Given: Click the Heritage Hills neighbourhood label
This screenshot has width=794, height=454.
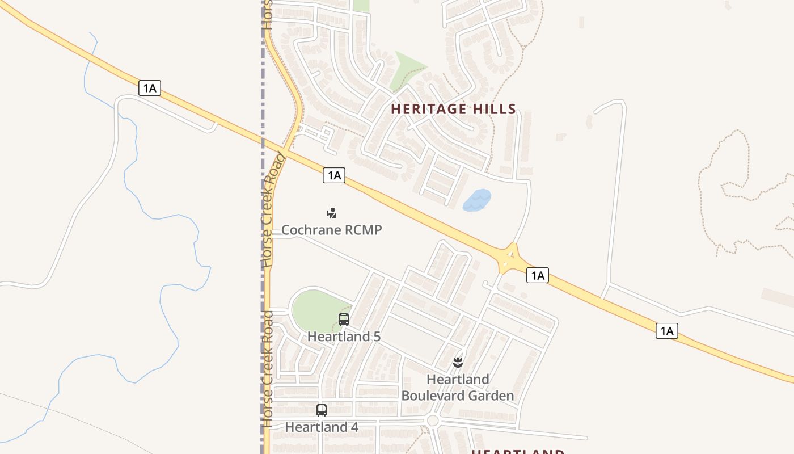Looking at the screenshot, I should point(453,109).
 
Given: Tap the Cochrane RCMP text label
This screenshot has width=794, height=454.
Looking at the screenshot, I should point(332,230).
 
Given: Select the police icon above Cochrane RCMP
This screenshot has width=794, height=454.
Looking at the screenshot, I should point(332,213).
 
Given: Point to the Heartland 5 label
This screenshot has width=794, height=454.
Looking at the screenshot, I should point(344,337).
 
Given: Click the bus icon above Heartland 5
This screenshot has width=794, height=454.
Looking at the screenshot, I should point(344,320).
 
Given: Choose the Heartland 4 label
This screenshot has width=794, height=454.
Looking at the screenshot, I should point(322,427).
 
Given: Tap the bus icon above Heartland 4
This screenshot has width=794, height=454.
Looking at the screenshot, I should point(322,410).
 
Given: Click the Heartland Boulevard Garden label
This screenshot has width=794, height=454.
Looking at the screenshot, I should point(458,388).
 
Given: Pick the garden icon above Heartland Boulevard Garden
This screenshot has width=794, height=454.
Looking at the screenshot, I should point(458,362).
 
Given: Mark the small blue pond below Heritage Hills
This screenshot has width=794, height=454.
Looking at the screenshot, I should point(476,200).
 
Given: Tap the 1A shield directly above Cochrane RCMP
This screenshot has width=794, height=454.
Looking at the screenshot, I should point(334,175).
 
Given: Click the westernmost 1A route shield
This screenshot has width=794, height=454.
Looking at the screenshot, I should point(150,88).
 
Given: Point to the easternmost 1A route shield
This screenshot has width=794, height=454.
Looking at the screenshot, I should point(667,330).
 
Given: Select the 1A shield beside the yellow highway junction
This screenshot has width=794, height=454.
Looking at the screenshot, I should point(537,276).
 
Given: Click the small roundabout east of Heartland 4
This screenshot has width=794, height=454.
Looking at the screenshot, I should point(433,421).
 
